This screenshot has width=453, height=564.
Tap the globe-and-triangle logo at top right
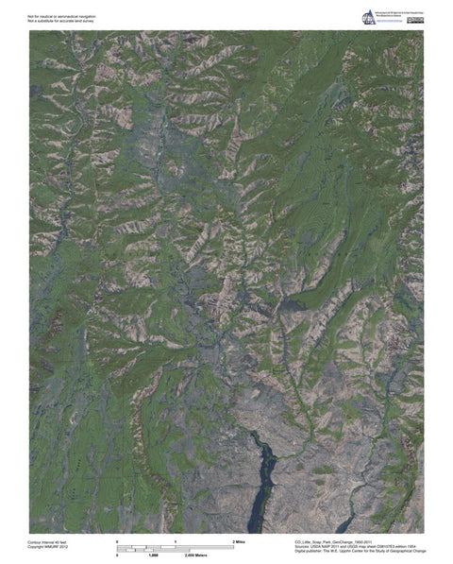pos(367,17)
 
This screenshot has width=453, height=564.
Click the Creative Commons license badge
pos(415,19)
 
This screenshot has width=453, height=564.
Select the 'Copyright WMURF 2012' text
pos(50,546)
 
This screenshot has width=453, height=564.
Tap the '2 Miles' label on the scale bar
pos(238,540)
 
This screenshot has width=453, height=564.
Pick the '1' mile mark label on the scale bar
pos(176,540)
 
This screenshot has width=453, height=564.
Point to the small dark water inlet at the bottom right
pos(351,521)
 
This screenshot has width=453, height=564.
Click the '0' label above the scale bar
pos(117,540)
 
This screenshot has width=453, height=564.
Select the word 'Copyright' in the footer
pos(38,546)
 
